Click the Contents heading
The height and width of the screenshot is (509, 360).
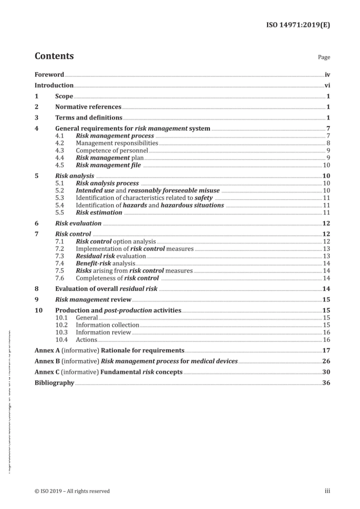pos(54,56)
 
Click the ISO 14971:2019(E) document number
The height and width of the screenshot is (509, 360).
pos(298,25)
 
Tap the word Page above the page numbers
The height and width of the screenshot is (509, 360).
pos(324,57)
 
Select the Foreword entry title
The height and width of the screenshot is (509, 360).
pos(49,75)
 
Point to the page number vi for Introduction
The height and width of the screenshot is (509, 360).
pos(327,86)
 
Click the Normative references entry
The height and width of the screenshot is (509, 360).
pos(88,107)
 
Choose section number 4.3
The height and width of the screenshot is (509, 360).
pos(59,150)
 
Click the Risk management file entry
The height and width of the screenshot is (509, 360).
pos(108,165)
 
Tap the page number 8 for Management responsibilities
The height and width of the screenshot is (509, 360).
pos(328,143)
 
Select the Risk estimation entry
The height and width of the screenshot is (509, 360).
pos(99,213)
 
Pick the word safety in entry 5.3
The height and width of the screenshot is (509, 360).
pos(203,198)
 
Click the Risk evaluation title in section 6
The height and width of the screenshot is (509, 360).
pos(78,224)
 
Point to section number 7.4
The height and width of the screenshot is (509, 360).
pos(59,263)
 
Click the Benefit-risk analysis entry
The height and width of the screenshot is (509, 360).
pos(105,263)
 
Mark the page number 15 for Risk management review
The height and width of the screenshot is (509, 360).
pos(326,300)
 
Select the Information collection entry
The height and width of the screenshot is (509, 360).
pos(108,325)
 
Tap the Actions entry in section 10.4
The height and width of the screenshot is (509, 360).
pos(86,340)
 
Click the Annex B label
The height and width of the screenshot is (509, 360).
pos(47,361)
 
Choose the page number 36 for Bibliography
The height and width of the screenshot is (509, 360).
pos(326,383)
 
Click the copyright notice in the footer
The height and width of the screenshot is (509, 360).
pos(72,491)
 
